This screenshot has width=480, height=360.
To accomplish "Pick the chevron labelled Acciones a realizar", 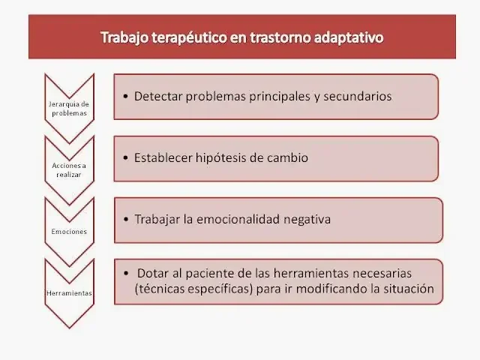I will point(69,169).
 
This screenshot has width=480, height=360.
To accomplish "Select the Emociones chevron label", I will point(69,231).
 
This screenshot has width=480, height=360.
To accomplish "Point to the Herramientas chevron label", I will point(69,292).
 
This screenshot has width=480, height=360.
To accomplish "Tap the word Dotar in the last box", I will point(152,274).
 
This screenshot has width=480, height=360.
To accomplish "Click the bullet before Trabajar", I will point(124,220).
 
